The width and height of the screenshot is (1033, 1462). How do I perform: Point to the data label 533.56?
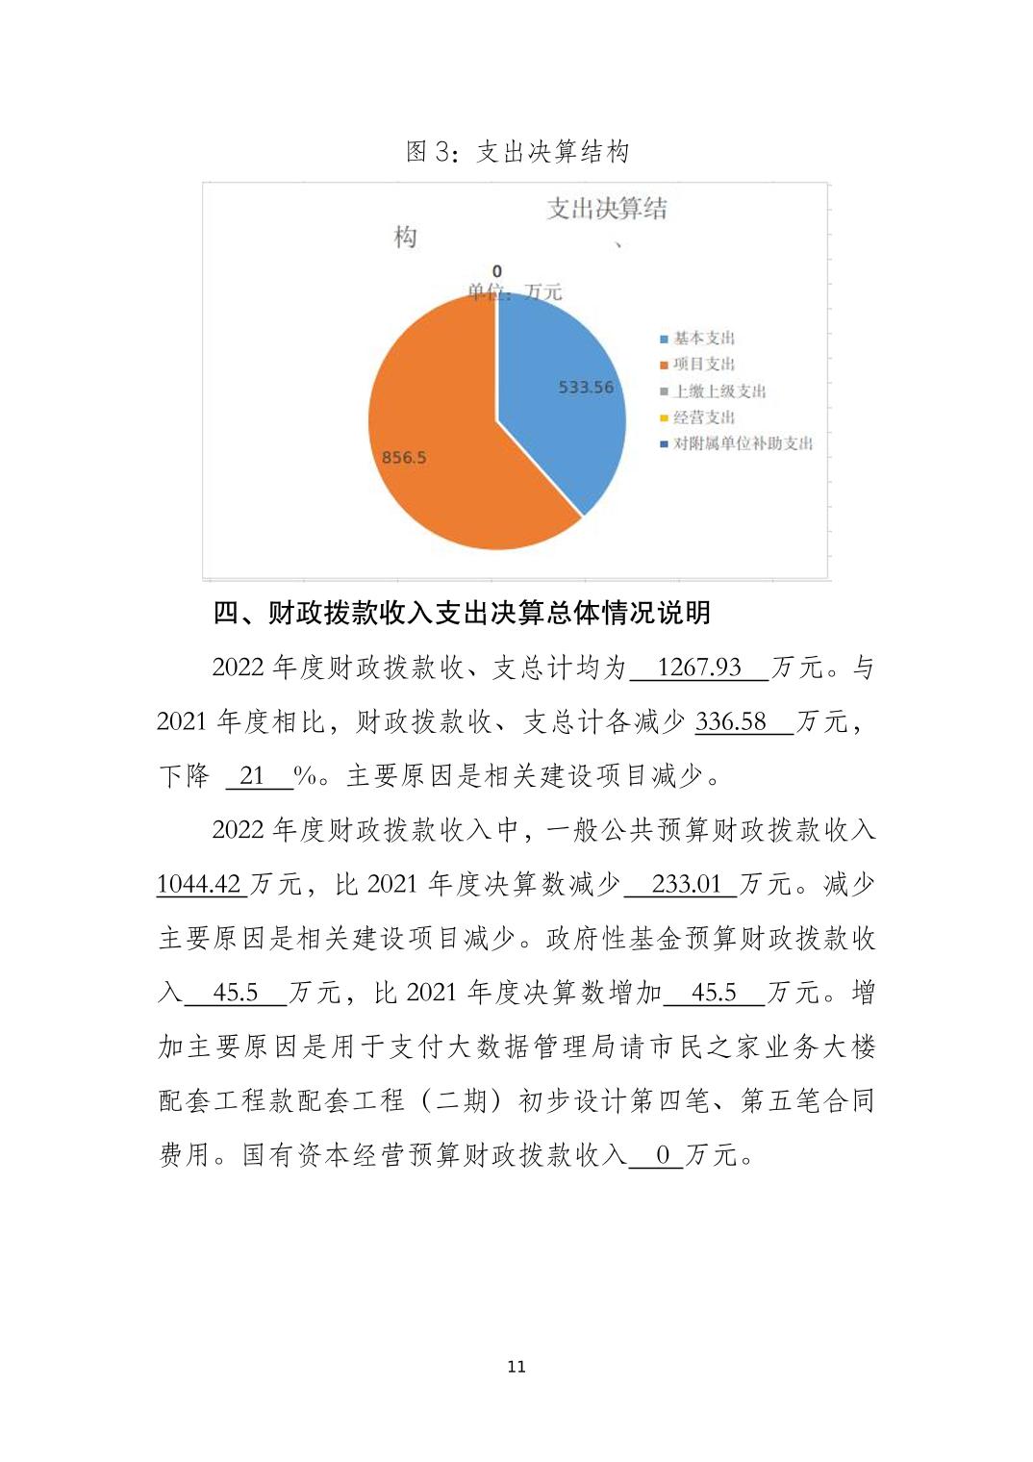tap(586, 387)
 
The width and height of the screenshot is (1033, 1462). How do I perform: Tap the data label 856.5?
tap(404, 458)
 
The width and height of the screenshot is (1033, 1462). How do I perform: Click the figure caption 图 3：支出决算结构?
tap(517, 152)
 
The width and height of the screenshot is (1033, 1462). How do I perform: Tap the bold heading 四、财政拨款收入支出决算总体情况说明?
tap(462, 613)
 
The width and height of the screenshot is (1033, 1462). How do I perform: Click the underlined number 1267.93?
tap(699, 668)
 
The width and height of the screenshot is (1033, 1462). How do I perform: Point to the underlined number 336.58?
tap(731, 721)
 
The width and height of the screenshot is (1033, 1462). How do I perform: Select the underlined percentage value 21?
tap(252, 775)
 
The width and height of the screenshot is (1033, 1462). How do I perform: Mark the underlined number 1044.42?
tap(198, 884)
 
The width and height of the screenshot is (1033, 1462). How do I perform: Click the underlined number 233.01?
tap(686, 884)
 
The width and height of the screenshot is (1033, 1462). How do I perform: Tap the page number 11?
tap(516, 1367)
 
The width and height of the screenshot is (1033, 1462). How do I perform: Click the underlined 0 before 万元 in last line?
tap(663, 1154)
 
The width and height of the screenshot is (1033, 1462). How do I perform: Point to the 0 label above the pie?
tap(496, 272)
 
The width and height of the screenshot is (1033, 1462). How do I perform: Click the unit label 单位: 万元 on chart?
tap(515, 291)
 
